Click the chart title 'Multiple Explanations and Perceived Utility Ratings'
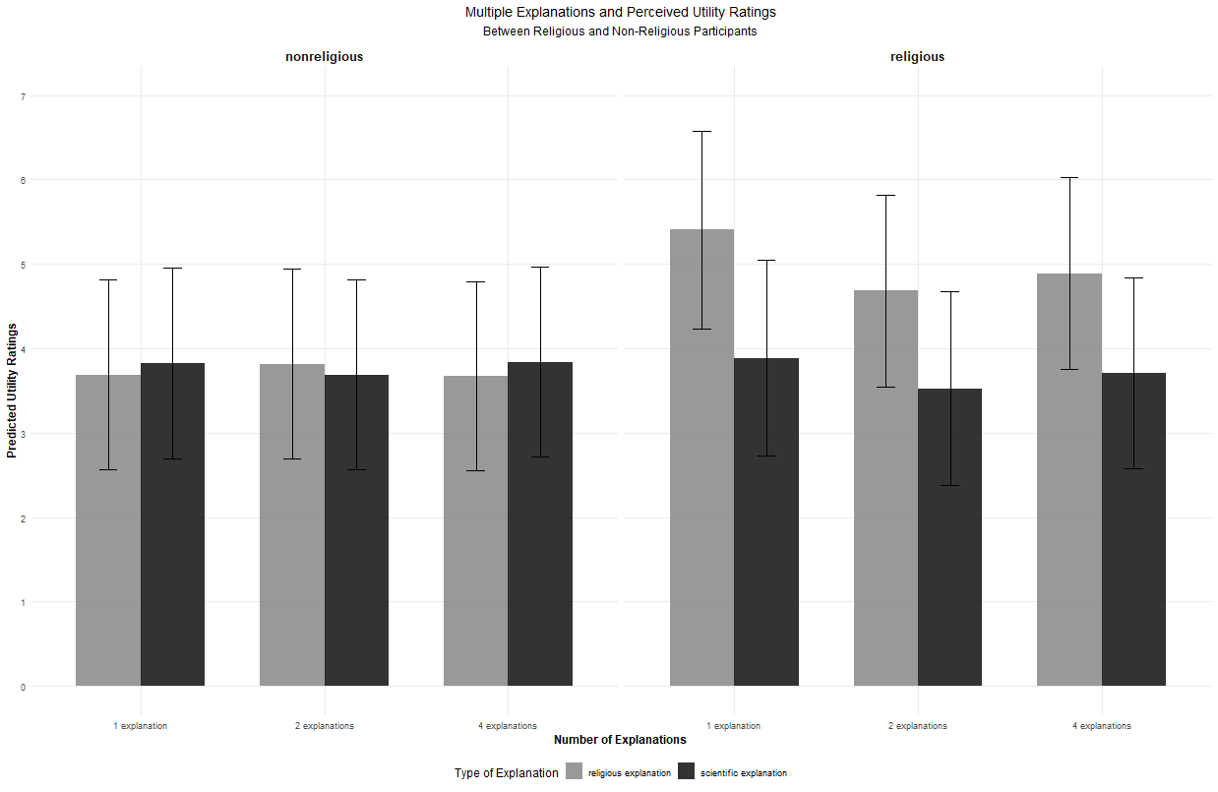tap(621, 13)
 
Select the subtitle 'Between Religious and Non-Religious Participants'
tap(620, 31)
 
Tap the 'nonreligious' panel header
tap(324, 57)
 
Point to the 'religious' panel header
tap(917, 57)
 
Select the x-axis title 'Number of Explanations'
tap(620, 740)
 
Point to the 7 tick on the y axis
tap(24, 96)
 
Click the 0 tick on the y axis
tap(24, 687)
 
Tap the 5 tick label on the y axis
tap(24, 265)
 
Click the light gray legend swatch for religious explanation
tap(574, 772)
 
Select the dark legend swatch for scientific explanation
tap(687, 772)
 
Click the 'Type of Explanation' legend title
tap(506, 773)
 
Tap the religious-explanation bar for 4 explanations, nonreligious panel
tap(476, 531)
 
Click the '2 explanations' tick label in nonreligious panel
tap(324, 726)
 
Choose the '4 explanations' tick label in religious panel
tap(1101, 726)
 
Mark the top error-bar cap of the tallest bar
tap(701, 131)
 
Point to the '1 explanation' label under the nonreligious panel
tap(140, 726)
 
